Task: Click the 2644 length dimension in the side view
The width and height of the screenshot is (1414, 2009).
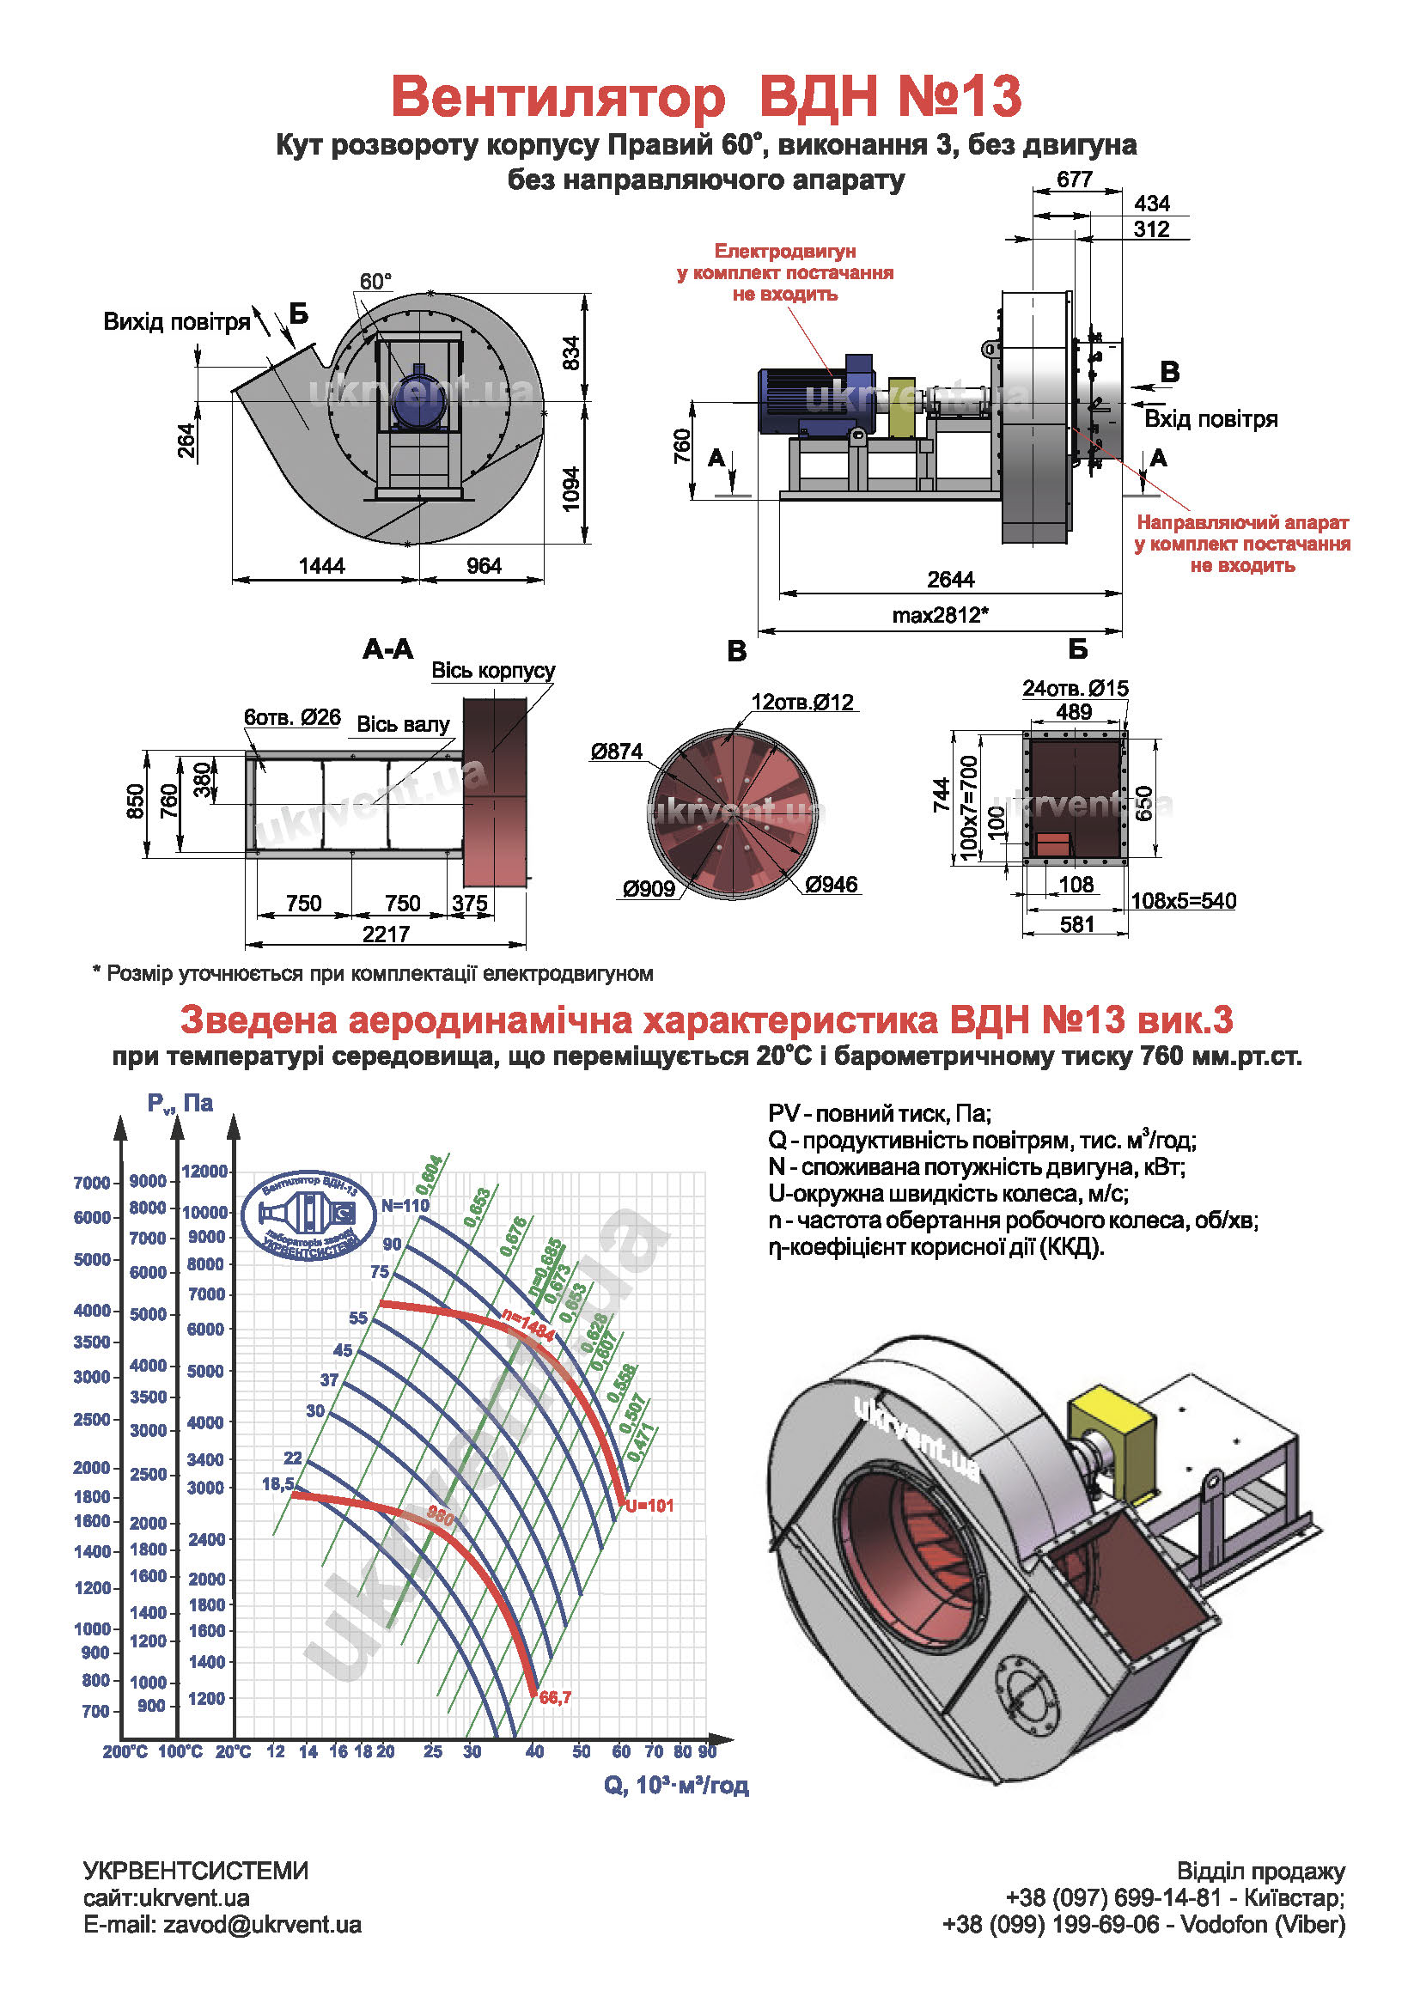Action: (x=950, y=579)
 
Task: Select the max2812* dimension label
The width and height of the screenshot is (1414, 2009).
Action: (x=940, y=615)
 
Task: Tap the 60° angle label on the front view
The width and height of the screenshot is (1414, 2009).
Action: (x=375, y=282)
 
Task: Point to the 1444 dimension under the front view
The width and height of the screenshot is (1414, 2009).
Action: (x=322, y=566)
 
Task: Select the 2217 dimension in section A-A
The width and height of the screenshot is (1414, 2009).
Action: (x=386, y=934)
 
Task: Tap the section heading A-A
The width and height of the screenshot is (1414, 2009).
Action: (x=387, y=649)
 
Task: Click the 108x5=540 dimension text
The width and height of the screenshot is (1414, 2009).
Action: (x=1183, y=901)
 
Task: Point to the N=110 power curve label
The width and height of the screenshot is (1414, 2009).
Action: (x=405, y=1206)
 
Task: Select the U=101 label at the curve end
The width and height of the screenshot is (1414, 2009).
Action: (x=649, y=1506)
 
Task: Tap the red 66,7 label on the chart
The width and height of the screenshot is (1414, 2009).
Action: (x=555, y=1697)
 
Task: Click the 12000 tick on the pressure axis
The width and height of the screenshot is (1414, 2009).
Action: (x=204, y=1172)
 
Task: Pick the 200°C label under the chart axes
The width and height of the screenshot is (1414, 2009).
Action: (x=125, y=1751)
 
